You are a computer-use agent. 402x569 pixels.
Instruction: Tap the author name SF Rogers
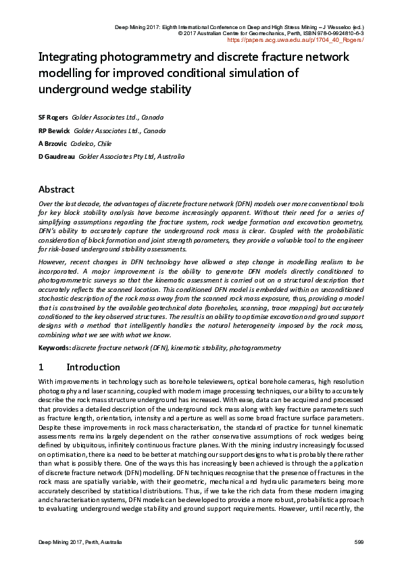pos(53,117)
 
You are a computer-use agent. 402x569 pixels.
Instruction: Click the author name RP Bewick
pos(53,130)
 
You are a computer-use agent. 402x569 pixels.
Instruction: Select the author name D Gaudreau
pos(56,157)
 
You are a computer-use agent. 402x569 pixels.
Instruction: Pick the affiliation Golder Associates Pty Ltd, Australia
pos(132,157)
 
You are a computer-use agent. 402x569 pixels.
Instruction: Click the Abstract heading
pos(56,189)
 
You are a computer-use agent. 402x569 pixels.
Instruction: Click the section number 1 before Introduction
pos(41,368)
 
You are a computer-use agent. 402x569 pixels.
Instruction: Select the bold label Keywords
pos(54,347)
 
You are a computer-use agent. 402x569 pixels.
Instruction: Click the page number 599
pos(359,543)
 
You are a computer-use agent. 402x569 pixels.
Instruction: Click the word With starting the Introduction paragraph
pos(46,382)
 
